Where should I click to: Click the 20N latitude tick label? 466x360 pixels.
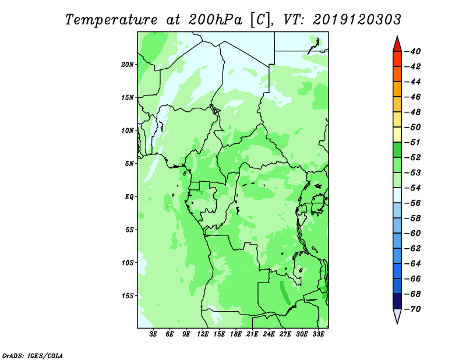tap(128, 65)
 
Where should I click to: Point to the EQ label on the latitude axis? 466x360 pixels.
tap(129, 197)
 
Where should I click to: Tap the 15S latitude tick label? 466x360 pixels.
tap(128, 296)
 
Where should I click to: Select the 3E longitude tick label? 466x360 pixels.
tap(153, 334)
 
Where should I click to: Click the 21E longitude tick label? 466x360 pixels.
tap(252, 334)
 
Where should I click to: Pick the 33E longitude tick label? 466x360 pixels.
tap(318, 334)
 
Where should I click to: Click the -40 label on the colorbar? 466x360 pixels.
tap(412, 51)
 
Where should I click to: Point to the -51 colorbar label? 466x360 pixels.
tap(412, 142)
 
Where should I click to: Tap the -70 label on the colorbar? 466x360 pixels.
tap(412, 309)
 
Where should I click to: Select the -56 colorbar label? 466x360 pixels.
tap(412, 203)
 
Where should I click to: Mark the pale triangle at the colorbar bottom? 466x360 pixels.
tap(397, 316)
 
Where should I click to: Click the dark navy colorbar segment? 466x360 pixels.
tap(397, 301)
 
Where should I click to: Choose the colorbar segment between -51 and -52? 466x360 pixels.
tap(397, 150)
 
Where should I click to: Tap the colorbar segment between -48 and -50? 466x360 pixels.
tap(397, 119)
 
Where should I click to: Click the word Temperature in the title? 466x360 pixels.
tap(111, 20)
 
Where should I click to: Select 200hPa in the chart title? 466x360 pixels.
tap(216, 20)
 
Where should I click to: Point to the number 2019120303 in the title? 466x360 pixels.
tap(357, 20)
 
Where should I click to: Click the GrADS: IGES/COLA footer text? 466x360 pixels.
tap(33, 355)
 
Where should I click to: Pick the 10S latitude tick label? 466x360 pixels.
tap(128, 263)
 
